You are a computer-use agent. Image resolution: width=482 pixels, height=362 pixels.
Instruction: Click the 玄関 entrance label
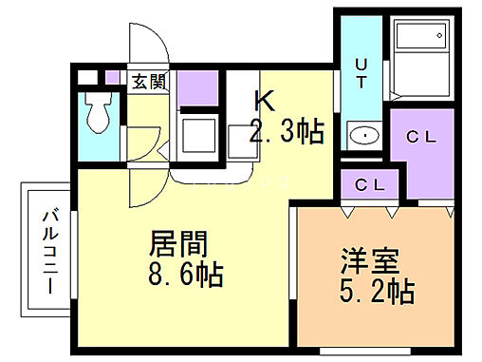click(150, 81)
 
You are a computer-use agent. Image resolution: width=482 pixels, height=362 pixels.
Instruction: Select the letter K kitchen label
click(263, 100)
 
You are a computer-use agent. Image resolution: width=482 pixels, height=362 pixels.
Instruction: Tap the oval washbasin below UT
click(361, 137)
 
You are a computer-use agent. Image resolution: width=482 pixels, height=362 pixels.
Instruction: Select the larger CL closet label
click(419, 136)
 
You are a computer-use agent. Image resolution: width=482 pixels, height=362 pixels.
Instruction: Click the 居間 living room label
click(177, 243)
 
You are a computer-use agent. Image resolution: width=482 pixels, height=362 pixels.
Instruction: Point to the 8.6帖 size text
click(185, 276)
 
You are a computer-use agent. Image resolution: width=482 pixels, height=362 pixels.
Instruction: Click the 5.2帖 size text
click(378, 291)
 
